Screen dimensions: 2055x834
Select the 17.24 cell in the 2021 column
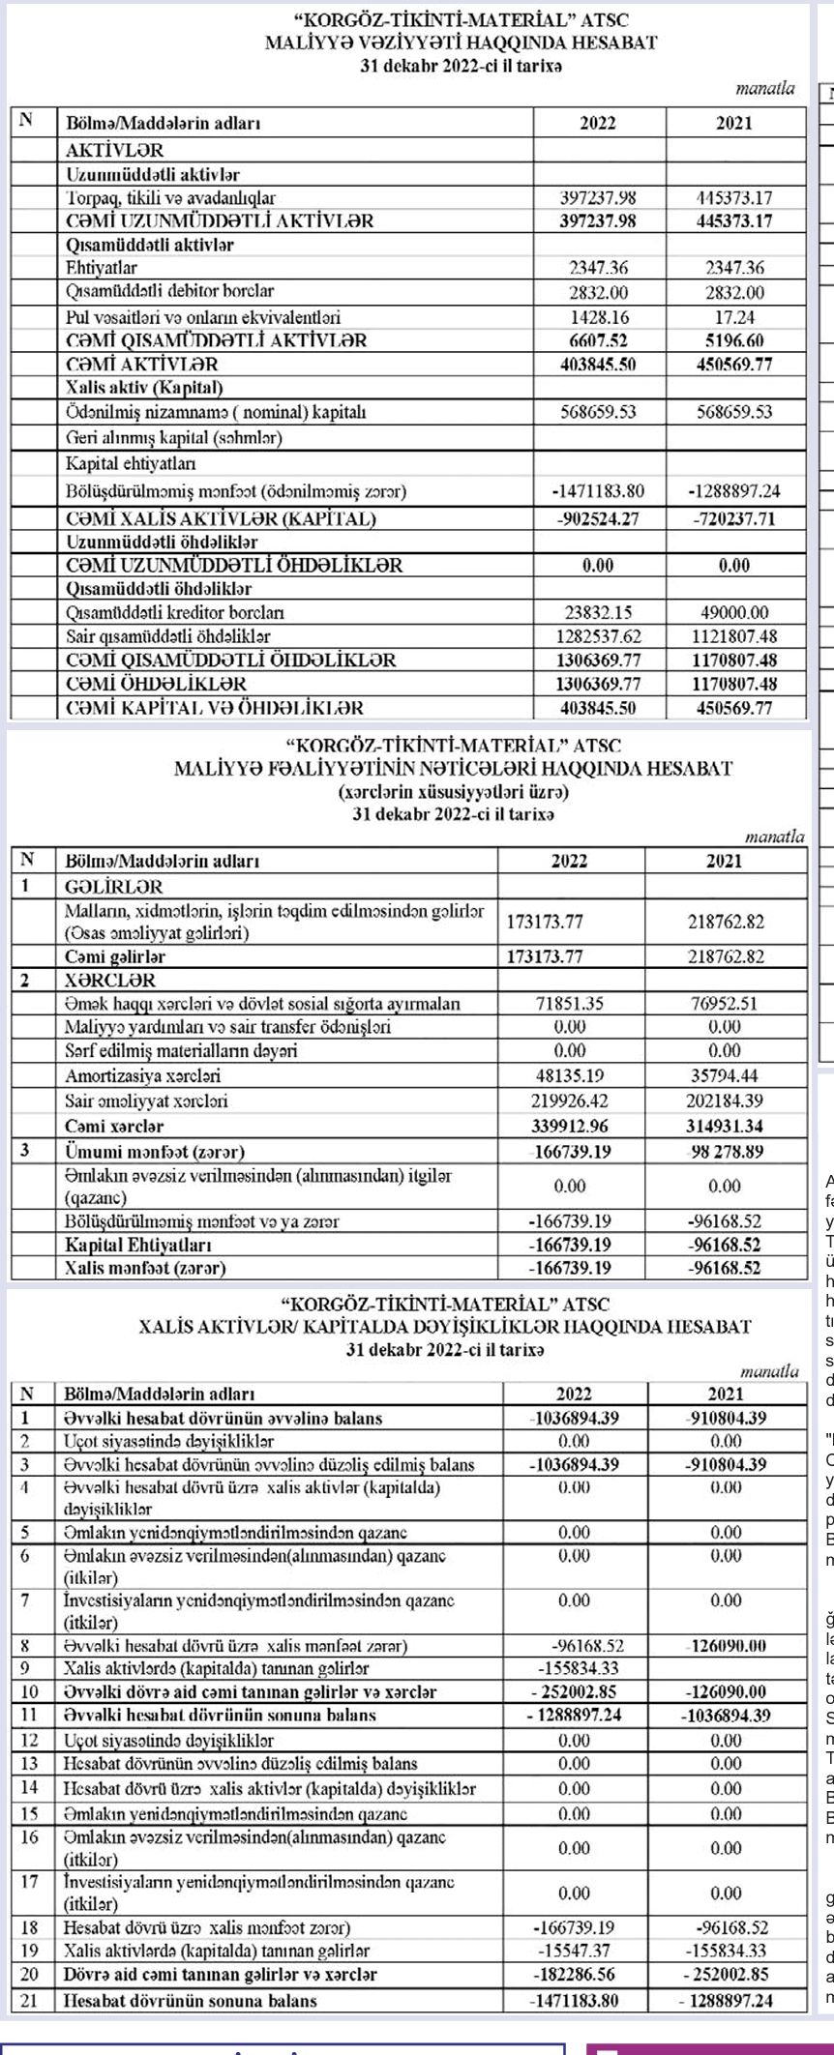point(734,317)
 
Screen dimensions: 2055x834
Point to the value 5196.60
point(734,340)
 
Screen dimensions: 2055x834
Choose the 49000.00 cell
point(734,613)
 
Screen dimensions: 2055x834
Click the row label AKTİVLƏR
point(114,151)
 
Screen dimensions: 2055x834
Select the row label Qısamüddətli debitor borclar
point(169,291)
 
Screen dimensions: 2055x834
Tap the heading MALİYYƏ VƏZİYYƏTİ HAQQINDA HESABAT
point(462,43)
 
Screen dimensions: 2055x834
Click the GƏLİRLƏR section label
point(113,887)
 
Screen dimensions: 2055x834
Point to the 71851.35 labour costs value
point(570,1004)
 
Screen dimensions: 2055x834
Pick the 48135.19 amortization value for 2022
point(570,1075)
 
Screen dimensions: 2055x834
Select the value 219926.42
point(570,1101)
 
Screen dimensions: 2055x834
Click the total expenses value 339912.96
point(570,1126)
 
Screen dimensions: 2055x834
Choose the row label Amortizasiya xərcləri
point(142,1075)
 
